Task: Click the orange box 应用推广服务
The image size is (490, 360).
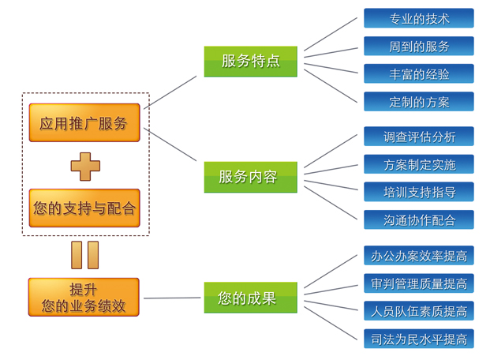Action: tap(84, 123)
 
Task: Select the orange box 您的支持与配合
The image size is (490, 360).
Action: tap(84, 208)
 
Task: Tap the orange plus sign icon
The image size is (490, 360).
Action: tap(85, 166)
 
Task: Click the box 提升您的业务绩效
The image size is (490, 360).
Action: tap(84, 298)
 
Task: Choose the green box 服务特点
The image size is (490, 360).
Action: tap(251, 61)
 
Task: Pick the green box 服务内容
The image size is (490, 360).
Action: tap(251, 177)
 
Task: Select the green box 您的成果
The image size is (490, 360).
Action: tap(251, 298)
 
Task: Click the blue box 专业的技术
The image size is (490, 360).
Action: tap(418, 18)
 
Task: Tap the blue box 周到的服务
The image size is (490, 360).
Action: tap(418, 46)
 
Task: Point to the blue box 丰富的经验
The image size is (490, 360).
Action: tap(418, 73)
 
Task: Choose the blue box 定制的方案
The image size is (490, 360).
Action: tap(418, 101)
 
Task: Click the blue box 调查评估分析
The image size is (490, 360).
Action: tap(418, 137)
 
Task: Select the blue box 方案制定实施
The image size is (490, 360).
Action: tap(418, 164)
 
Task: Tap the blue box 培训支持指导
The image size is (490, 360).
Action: tap(418, 192)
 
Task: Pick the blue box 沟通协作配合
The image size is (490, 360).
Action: tap(418, 219)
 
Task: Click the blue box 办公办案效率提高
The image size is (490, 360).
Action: tap(418, 256)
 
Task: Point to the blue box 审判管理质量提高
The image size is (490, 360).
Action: tap(418, 283)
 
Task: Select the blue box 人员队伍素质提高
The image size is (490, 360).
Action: tap(418, 311)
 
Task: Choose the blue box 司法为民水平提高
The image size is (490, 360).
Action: tap(418, 339)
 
